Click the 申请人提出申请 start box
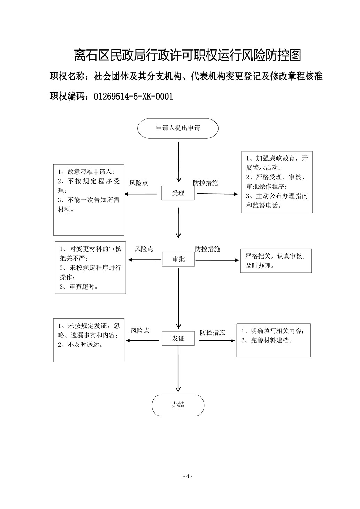tap(178, 128)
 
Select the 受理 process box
tap(178, 193)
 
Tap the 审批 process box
tap(178, 259)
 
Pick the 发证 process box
tap(178, 338)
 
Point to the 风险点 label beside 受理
tap(139, 183)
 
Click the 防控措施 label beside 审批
tap(207, 249)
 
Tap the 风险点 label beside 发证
tap(140, 331)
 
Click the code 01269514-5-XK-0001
tap(133, 97)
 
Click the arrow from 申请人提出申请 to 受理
tap(179, 162)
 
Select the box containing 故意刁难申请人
tap(89, 200)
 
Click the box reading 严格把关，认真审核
tap(276, 261)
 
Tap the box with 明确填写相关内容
tap(274, 340)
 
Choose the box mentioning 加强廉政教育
tap(277, 182)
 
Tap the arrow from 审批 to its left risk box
tap(145, 260)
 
